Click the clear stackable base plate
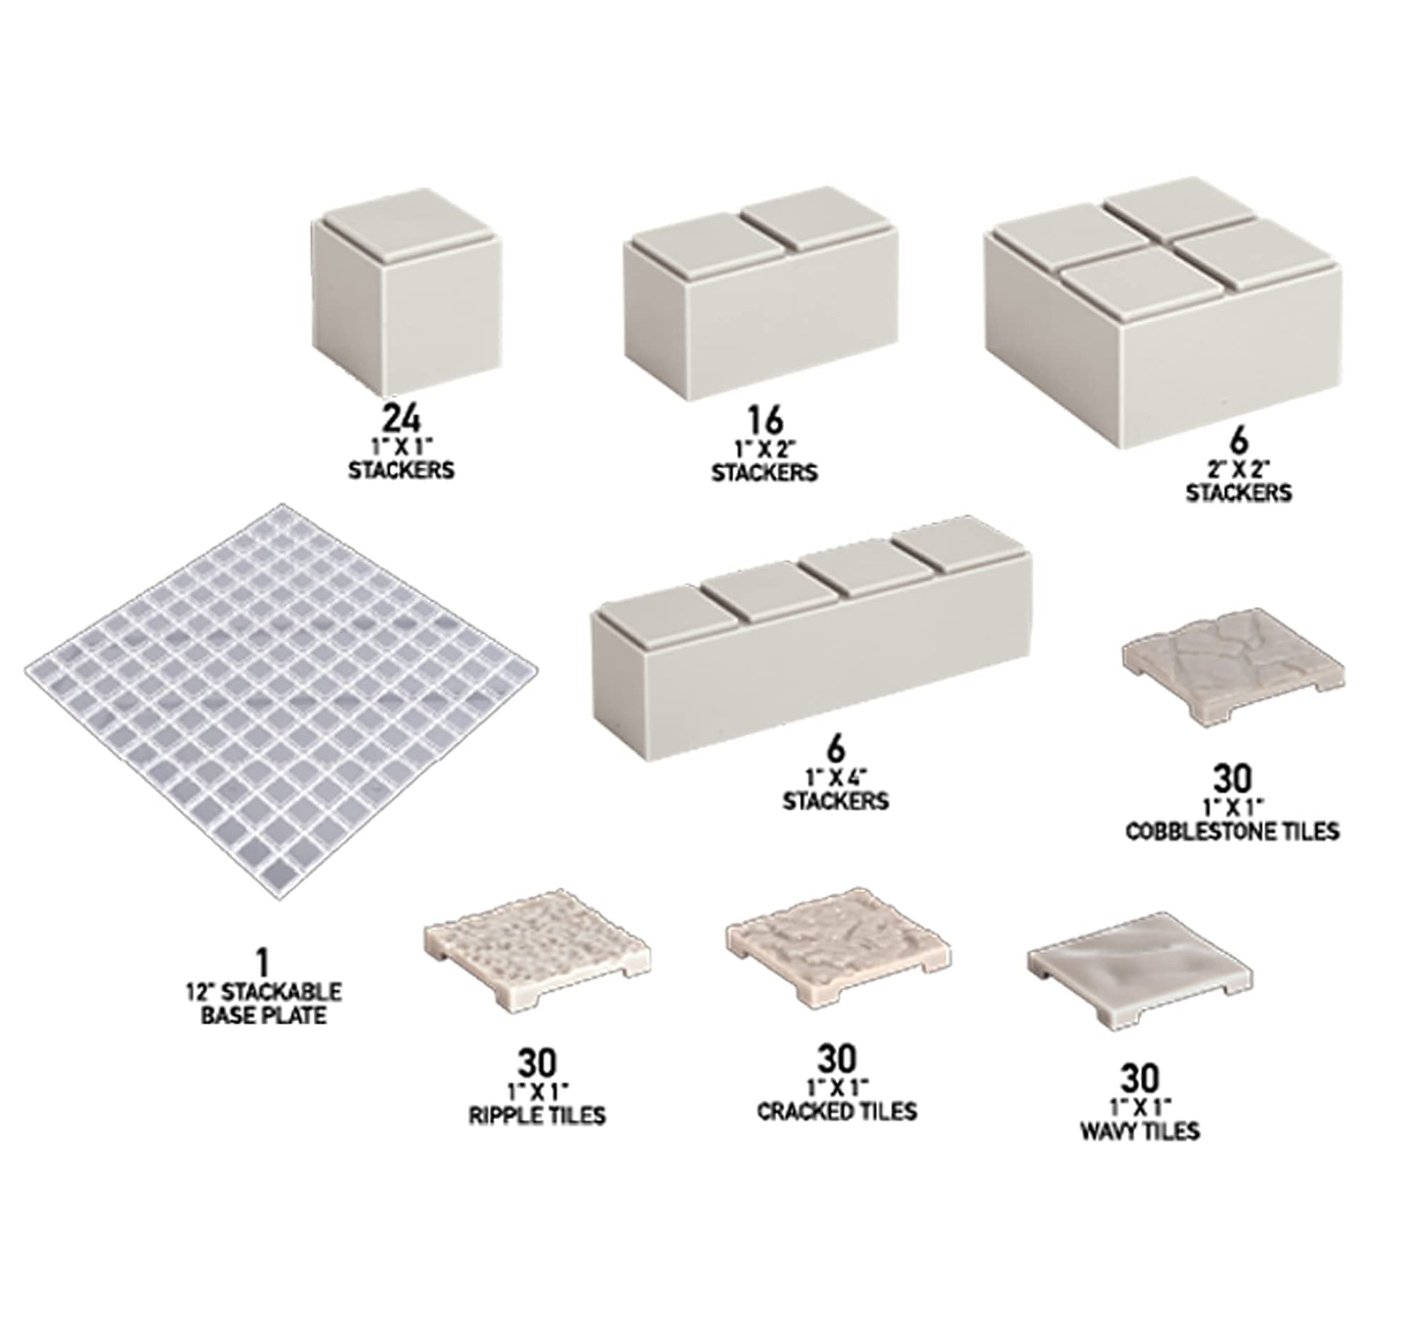click(x=283, y=703)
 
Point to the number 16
click(x=764, y=421)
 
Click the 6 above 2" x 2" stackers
click(x=1240, y=441)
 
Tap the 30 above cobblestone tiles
click(x=1232, y=780)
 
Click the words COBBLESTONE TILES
click(x=1232, y=831)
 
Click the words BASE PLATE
click(x=263, y=1015)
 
